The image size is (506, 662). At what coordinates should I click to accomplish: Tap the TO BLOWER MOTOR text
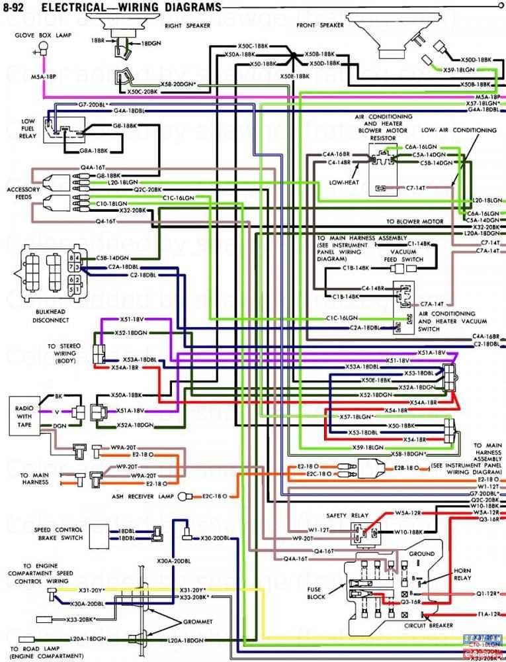pos(415,221)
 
